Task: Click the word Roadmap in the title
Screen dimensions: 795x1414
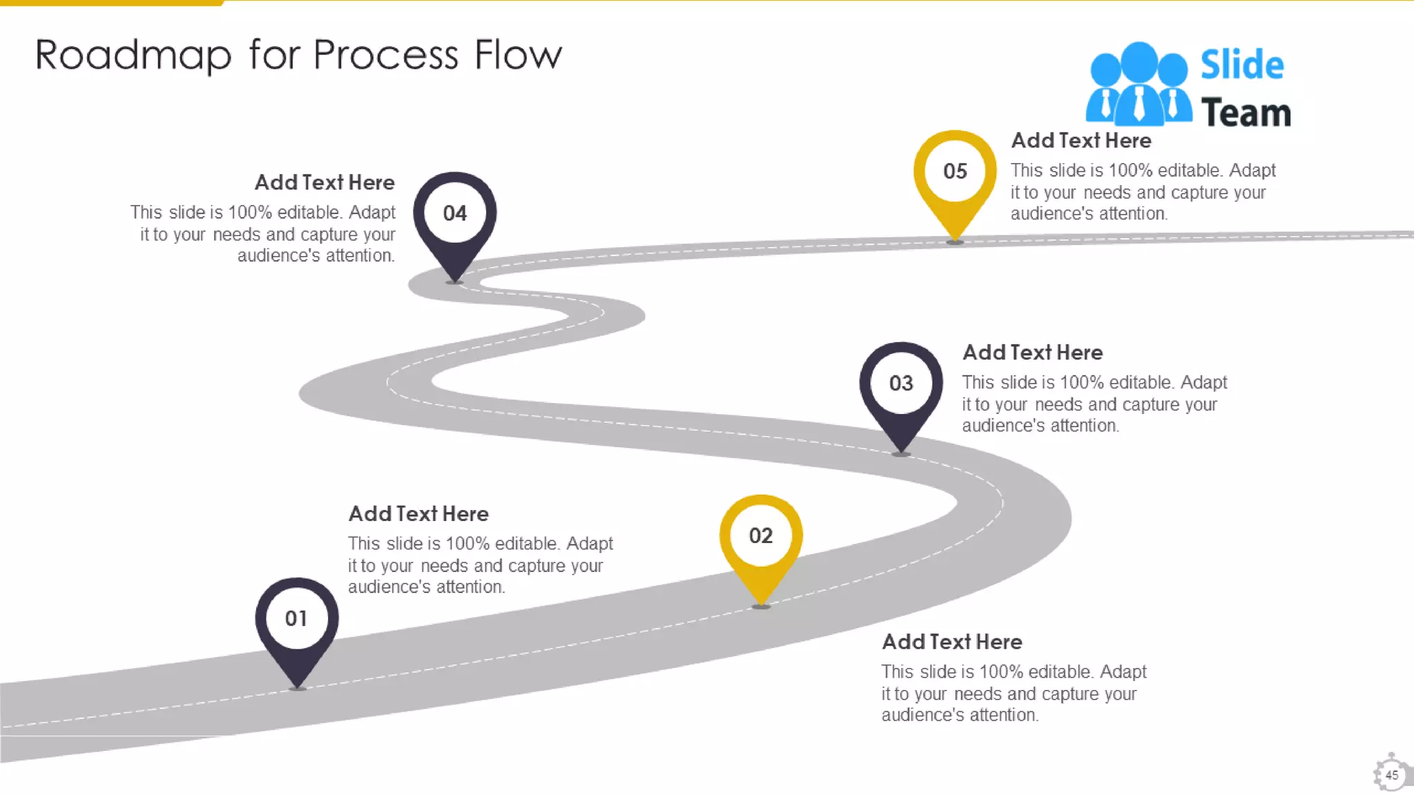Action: point(133,55)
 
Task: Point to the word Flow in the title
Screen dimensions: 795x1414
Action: point(519,55)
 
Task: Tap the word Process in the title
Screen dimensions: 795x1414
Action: point(386,55)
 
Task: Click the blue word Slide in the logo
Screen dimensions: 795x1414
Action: point(1242,65)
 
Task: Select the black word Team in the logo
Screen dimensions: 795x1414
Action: point(1246,113)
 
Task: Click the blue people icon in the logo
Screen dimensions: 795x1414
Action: point(1139,84)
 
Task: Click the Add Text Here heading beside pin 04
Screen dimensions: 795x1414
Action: point(325,183)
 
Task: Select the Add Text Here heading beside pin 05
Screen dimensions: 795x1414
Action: point(1081,141)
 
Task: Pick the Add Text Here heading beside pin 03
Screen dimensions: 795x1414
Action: point(1033,353)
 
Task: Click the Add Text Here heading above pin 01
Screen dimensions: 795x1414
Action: point(418,514)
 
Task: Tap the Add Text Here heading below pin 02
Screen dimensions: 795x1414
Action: point(952,642)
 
